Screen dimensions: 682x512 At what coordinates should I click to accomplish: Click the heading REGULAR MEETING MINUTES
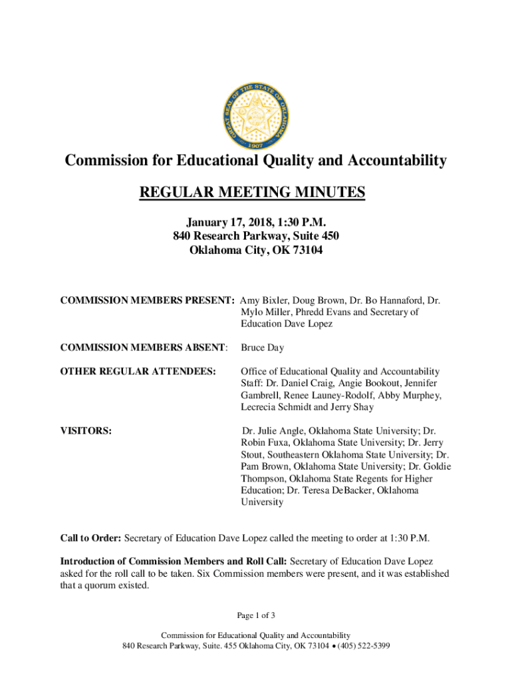(x=252, y=193)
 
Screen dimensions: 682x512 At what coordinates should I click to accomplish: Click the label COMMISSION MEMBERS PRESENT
(x=147, y=300)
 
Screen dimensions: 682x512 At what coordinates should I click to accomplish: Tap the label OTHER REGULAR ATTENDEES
(x=138, y=371)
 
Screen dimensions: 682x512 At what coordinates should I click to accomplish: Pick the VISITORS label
(x=86, y=431)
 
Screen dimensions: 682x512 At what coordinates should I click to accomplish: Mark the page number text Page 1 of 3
(x=255, y=614)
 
